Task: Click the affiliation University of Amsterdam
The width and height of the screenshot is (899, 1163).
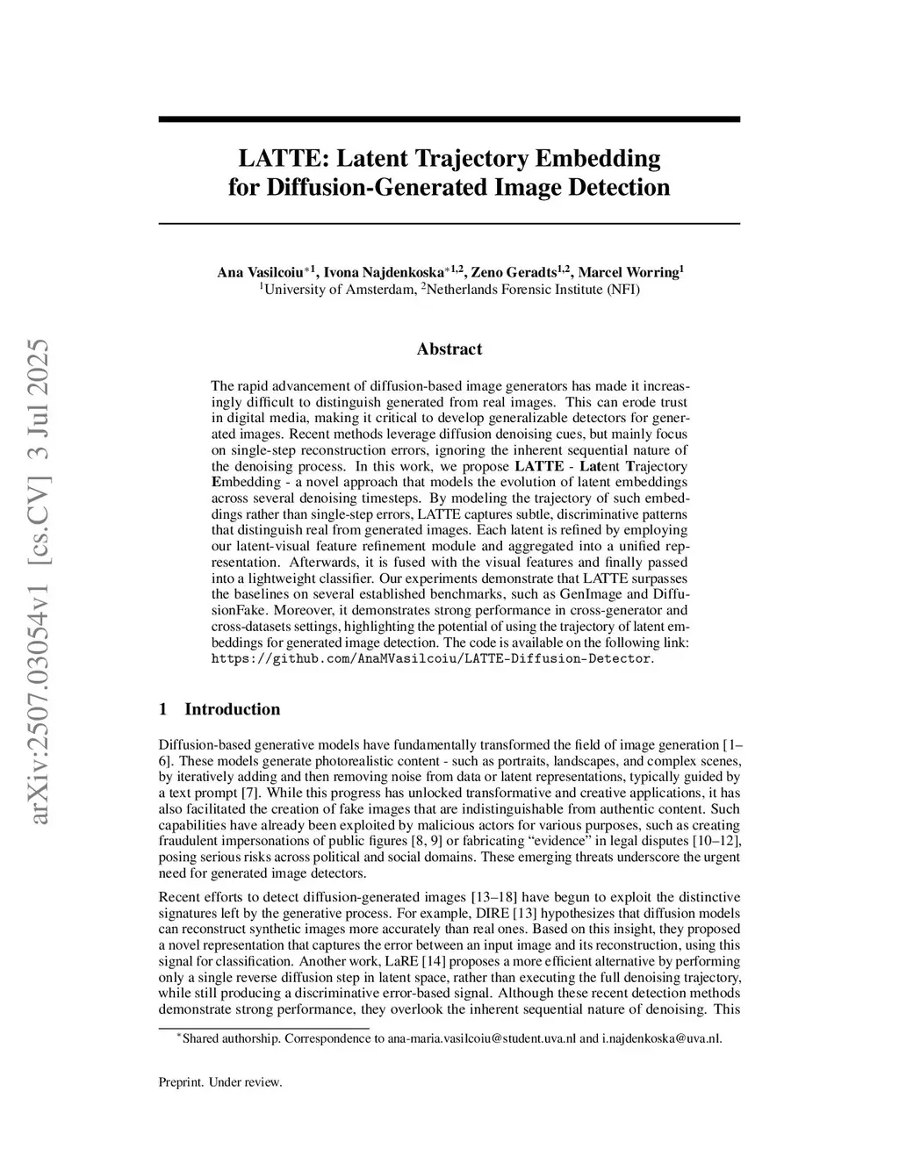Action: point(339,289)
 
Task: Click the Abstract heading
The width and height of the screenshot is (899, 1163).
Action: point(449,349)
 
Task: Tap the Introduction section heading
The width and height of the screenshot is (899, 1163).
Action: point(232,709)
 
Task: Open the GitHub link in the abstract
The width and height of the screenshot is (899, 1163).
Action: point(431,658)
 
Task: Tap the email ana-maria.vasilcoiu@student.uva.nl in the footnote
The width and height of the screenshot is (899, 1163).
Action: point(481,1038)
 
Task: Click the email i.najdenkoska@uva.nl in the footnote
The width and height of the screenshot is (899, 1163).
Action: point(661,1038)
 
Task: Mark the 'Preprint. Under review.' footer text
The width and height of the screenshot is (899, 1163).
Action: point(220,1082)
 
